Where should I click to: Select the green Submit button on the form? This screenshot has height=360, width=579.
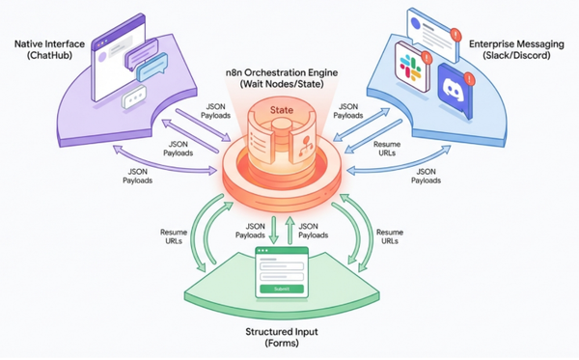tap(281, 288)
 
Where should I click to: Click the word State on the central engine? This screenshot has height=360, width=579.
tap(280, 111)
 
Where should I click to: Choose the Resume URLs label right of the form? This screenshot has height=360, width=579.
tap(389, 236)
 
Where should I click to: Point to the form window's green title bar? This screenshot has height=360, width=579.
tap(281, 252)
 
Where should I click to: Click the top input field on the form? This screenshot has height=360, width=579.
tap(281, 264)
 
